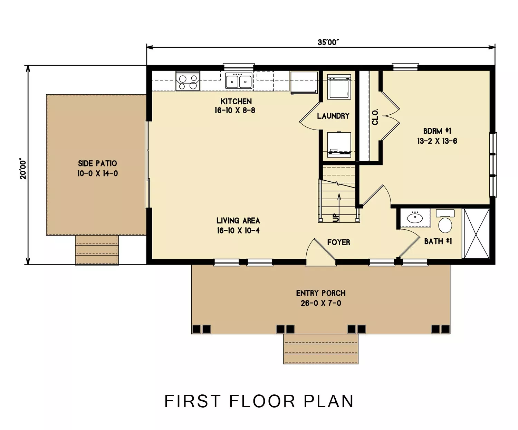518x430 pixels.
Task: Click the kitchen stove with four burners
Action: coord(188,80)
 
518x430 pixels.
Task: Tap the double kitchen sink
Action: coord(239,80)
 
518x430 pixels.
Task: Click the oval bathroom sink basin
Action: coord(415,218)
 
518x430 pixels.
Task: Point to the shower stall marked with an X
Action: coord(476,234)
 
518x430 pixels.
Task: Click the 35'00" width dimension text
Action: coord(328,42)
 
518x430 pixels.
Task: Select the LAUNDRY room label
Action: coord(333,116)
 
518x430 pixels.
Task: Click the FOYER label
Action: coord(339,242)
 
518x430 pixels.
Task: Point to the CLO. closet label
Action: coord(375,117)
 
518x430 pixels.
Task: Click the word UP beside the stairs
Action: coord(335,218)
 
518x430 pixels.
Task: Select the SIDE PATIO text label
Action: coord(97,163)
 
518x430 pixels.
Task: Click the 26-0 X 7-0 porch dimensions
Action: coord(321,303)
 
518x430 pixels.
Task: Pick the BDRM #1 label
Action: coord(437,131)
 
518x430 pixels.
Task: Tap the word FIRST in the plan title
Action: coord(192,401)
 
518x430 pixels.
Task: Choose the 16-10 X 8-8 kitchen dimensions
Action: coord(235,111)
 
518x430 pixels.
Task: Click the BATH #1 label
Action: coord(438,241)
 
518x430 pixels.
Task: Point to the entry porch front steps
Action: coord(321,349)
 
